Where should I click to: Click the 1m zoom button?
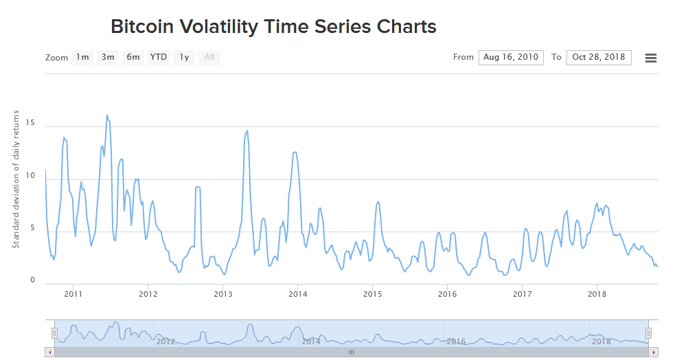click(x=82, y=57)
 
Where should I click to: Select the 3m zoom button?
click(x=108, y=57)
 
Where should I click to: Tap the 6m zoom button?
click(x=133, y=57)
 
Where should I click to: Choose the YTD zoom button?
click(x=159, y=57)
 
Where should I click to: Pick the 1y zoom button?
click(x=184, y=57)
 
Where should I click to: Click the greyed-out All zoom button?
click(x=209, y=57)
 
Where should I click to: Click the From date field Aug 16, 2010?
click(x=511, y=57)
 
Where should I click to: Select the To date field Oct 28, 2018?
click(x=599, y=57)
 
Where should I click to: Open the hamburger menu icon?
click(x=651, y=58)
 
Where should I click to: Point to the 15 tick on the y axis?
click(x=30, y=122)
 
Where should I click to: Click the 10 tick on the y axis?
click(x=30, y=175)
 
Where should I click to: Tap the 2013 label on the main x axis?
click(x=223, y=294)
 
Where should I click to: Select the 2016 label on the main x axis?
click(x=448, y=294)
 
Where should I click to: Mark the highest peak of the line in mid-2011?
click(x=107, y=115)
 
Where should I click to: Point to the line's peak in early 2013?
click(x=246, y=131)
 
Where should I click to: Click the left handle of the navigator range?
click(x=55, y=333)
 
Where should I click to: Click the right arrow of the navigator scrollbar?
click(x=654, y=352)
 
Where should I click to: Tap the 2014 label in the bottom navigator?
click(x=311, y=341)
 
